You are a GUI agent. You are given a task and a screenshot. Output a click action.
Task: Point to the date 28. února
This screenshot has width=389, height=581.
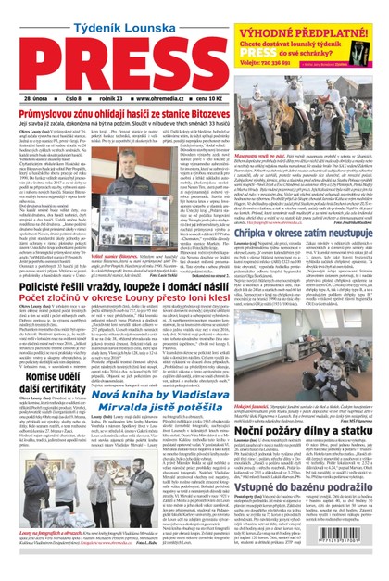click(x=42, y=97)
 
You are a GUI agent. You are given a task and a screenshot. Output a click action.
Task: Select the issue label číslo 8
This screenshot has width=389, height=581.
click(x=84, y=97)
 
